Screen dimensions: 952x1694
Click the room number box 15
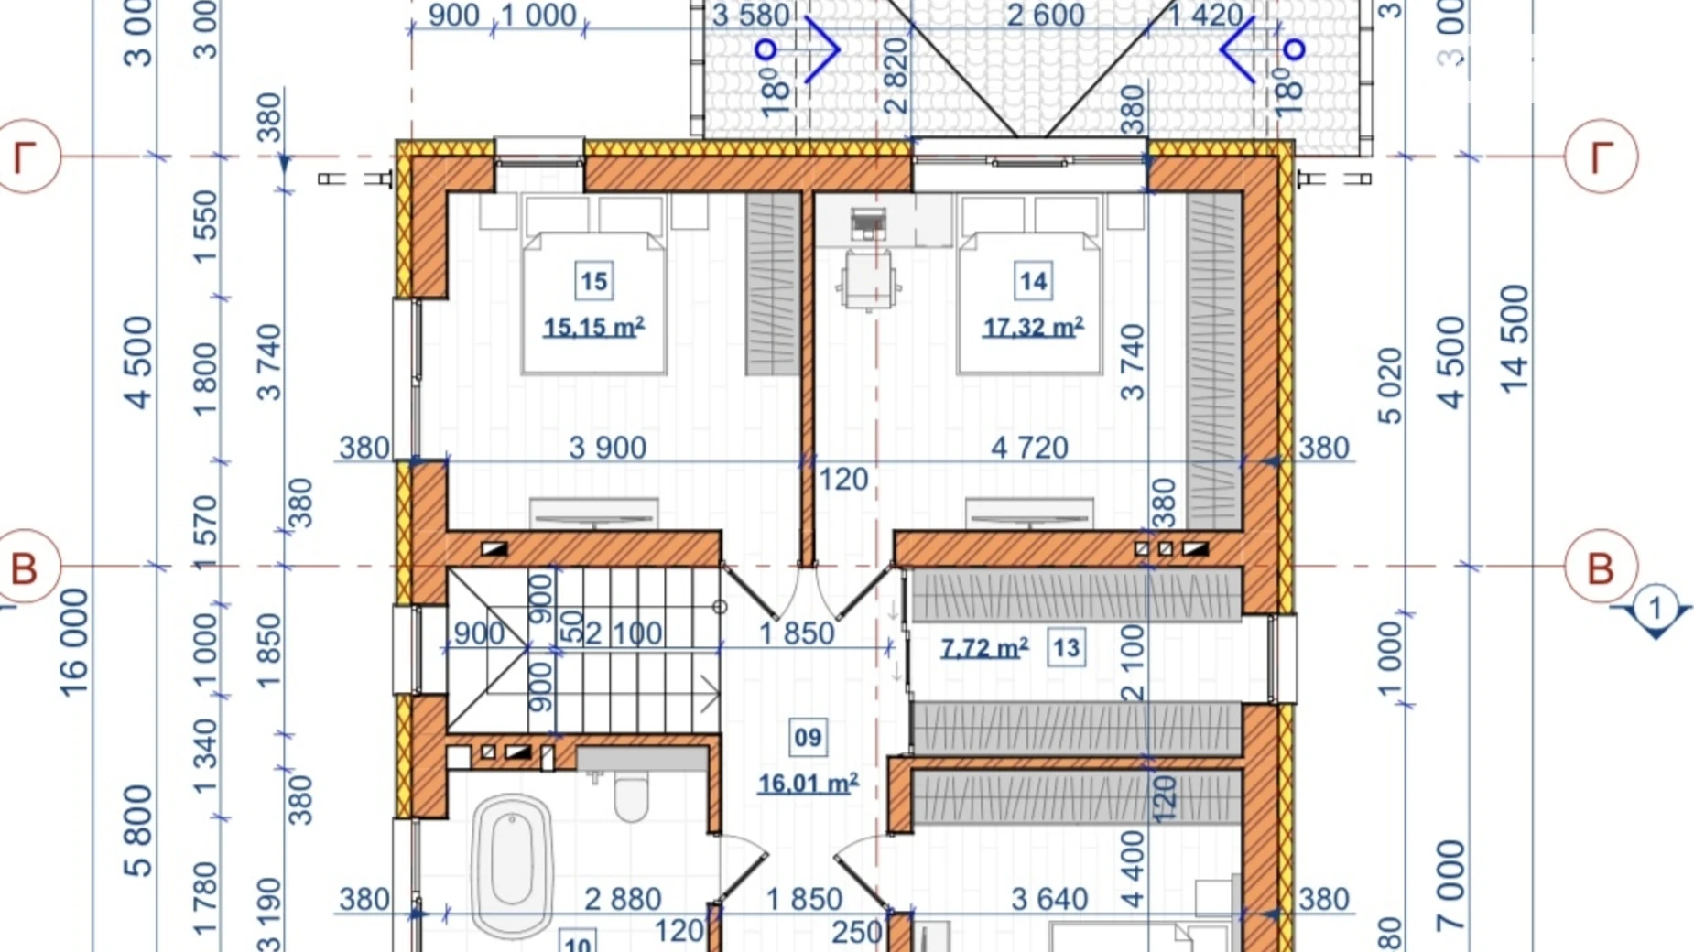(x=593, y=281)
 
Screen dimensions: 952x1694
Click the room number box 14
(x=1033, y=281)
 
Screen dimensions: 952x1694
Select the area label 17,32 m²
(x=1033, y=327)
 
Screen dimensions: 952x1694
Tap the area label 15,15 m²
(x=593, y=327)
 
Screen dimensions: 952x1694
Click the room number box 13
(x=1066, y=648)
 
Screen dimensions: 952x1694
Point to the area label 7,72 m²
(x=984, y=648)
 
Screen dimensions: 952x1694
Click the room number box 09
(x=808, y=738)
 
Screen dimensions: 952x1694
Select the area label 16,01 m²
(x=808, y=784)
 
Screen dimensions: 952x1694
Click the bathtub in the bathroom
(x=512, y=865)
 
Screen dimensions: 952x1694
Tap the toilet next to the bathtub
(x=631, y=795)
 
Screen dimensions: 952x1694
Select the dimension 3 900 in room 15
(x=607, y=448)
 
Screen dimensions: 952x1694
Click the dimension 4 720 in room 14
(x=1029, y=448)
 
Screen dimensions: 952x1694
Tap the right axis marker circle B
(x=1600, y=568)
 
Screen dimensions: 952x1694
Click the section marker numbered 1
(x=1655, y=610)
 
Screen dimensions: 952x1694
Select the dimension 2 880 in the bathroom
(x=622, y=900)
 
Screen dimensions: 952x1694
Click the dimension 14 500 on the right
(x=1515, y=339)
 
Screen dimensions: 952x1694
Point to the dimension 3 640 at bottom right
(x=1049, y=900)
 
